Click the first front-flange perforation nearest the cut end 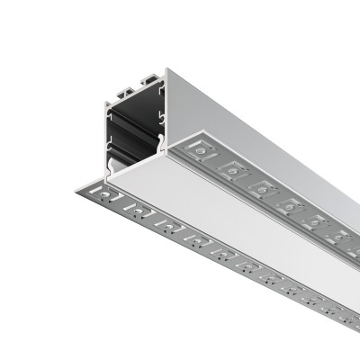[x=108, y=195]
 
